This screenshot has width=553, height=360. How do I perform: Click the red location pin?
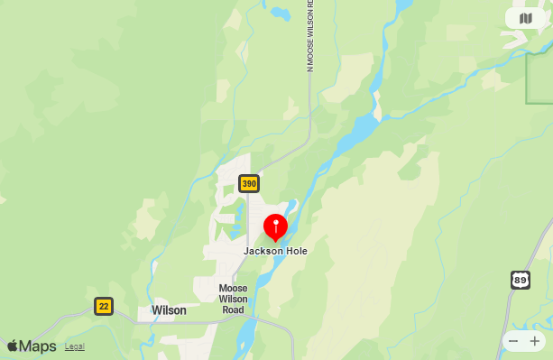point(275,226)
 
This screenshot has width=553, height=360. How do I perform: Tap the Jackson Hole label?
point(275,251)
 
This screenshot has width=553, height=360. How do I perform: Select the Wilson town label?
point(169,310)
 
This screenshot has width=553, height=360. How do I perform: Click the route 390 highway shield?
point(249,184)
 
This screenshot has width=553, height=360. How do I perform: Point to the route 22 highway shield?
point(104,306)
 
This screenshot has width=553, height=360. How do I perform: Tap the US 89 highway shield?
point(521,280)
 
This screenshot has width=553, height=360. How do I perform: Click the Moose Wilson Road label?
point(233,300)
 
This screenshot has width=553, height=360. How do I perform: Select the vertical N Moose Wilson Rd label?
point(309,36)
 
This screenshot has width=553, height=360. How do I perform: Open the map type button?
point(526,18)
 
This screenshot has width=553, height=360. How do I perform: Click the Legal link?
point(75,346)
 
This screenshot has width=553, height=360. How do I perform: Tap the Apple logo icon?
point(13,346)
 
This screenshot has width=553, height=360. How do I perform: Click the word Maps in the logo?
point(38,346)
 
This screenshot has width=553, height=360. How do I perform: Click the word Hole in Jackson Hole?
point(294,251)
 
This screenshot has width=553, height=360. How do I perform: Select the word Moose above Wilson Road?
point(233,289)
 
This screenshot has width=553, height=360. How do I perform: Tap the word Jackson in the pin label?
point(262,251)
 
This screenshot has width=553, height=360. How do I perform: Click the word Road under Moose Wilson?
point(233,310)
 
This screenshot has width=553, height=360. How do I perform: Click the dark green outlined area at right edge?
point(539,77)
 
